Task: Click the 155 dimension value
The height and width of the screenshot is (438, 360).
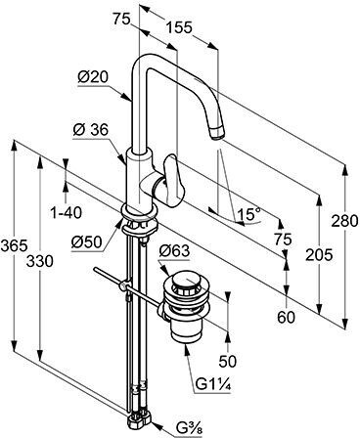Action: coord(179,27)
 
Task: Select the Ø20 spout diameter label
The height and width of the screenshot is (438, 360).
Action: coord(93,77)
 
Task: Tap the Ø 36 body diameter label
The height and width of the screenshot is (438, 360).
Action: coord(90,130)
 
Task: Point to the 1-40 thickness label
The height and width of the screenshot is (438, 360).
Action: coord(67,213)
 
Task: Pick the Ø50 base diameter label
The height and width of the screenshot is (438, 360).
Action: coord(87,242)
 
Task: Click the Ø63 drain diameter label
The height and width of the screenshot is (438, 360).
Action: coord(174,251)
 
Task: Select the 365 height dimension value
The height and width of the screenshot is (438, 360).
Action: coord(14,245)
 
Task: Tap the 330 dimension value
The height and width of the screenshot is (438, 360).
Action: coord(39,261)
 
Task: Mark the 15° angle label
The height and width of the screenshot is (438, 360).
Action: coord(249,214)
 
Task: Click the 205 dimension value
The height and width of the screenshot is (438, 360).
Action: coord(319,254)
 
